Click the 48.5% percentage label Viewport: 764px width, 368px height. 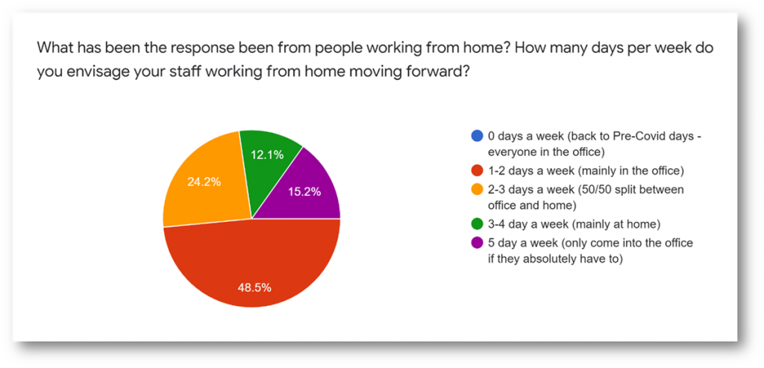tap(254, 287)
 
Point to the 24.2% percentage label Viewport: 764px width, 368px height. tap(204, 182)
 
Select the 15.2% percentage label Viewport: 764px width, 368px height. tap(304, 192)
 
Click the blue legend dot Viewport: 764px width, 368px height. tap(477, 137)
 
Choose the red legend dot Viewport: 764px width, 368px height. tap(477, 171)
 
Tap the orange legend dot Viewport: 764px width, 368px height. tap(477, 189)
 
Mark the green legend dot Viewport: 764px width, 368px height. tap(477, 224)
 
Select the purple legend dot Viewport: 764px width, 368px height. tap(477, 243)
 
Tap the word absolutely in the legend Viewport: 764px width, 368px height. tap(550, 259)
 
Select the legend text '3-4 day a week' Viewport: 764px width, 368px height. tap(524, 224)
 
